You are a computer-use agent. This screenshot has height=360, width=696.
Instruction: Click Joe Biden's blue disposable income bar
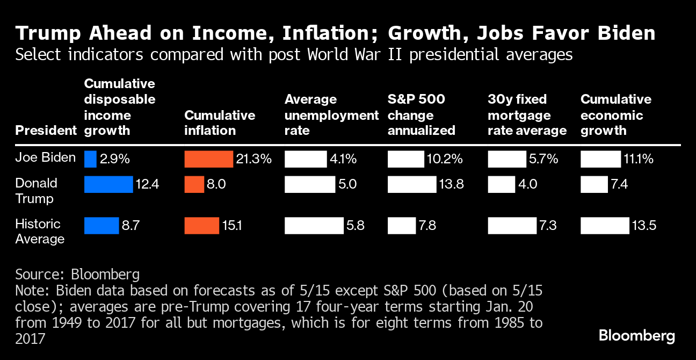[x=90, y=159]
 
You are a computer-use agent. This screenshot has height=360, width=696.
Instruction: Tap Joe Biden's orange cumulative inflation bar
[x=209, y=159]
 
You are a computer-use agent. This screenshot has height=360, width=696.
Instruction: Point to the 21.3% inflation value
[x=254, y=159]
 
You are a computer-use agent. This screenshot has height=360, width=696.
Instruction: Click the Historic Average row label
[x=38, y=231]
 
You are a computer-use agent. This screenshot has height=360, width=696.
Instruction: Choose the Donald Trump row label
[x=37, y=191]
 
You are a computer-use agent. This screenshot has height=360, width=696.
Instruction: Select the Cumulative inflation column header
[x=220, y=123]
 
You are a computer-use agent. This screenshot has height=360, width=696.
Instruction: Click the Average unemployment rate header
[x=331, y=115]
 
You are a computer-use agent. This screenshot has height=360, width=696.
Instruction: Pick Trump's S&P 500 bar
[x=412, y=185]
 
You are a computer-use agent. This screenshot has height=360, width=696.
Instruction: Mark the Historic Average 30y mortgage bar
[x=512, y=226]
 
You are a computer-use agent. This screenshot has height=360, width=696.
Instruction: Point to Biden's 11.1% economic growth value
[x=639, y=159]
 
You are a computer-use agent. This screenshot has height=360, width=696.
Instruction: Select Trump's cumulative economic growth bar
[x=594, y=185]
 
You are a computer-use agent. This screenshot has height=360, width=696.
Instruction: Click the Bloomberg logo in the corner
[x=637, y=336]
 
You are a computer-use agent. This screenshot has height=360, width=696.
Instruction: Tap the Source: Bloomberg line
[x=77, y=274]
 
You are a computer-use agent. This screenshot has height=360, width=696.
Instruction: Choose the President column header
[x=46, y=131]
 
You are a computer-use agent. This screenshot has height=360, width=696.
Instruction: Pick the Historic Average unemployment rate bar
[x=314, y=226]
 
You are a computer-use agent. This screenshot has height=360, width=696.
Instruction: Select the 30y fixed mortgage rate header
[x=527, y=115]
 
